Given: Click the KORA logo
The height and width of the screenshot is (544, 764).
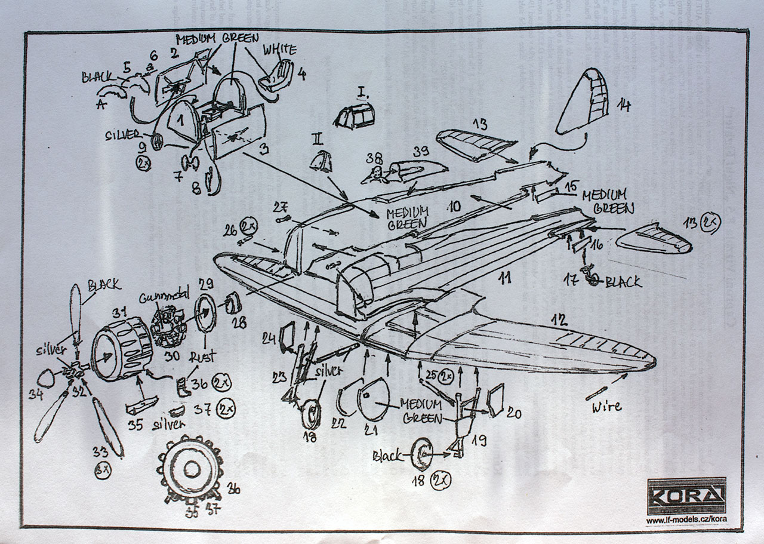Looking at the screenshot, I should tap(687, 494).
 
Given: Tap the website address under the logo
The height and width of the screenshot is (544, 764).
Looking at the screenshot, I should tap(686, 519).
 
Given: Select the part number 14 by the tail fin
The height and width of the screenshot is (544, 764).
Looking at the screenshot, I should tap(623, 106).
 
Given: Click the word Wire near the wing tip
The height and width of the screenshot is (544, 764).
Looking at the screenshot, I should tap(606, 407).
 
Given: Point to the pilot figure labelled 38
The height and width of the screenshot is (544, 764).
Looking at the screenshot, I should tap(374, 175).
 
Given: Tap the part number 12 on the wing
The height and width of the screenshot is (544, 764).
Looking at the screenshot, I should tap(559, 320).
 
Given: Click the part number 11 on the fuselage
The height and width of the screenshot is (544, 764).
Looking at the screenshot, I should tap(505, 278).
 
